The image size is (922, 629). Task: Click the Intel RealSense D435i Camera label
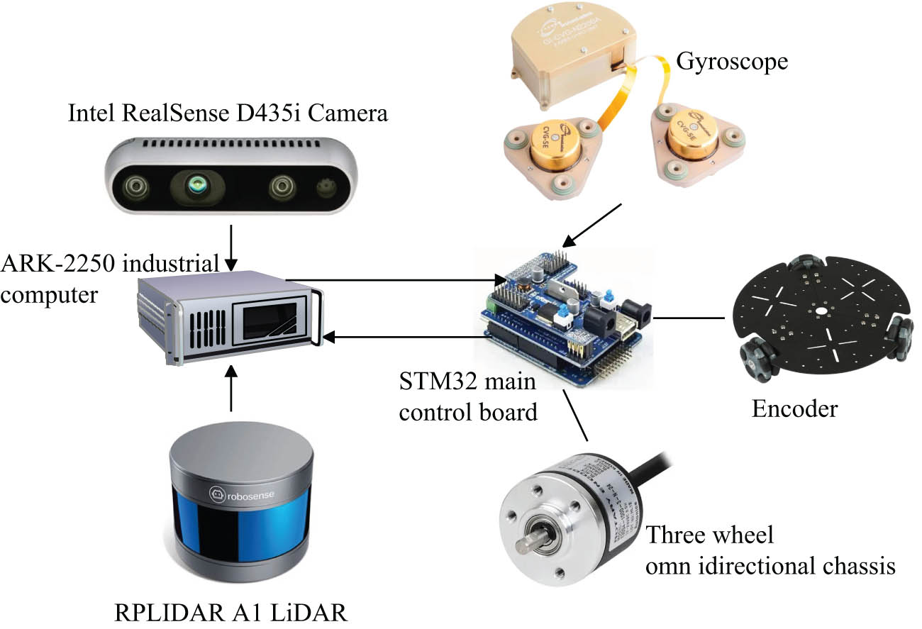coord(228,113)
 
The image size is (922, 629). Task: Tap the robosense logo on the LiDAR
coord(240,494)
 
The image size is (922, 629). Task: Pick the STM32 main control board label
coord(467,398)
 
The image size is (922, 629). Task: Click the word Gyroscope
coord(731,61)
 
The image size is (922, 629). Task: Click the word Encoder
coord(794,409)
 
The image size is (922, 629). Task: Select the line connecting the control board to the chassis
coord(688,318)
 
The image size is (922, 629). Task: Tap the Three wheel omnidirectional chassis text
coord(770,550)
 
